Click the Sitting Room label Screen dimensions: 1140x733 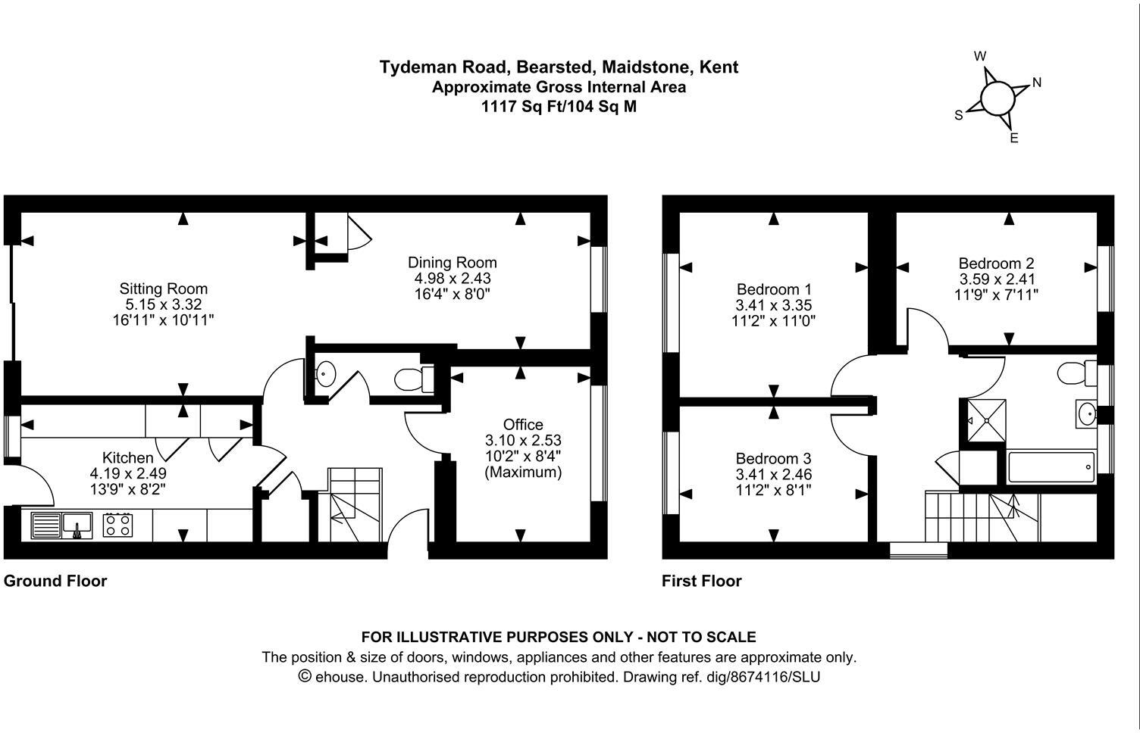coord(163,289)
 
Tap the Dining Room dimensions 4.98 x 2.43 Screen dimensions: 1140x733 coord(452,279)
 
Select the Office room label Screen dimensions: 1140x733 coord(523,424)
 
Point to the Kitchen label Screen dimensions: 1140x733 coord(127,457)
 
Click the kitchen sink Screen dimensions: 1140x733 coord(62,524)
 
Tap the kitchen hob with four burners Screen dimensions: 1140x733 coord(117,524)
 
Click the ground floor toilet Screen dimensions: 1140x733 coord(414,378)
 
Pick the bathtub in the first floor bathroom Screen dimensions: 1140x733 coord(1051,467)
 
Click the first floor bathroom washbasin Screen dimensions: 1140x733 coord(1087,413)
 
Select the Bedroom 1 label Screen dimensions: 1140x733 coord(773,289)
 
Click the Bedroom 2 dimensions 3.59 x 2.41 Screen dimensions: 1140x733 coord(996,279)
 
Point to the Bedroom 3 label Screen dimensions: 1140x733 coord(773,459)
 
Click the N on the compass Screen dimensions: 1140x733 coord(1037,83)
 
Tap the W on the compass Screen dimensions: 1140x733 coord(980,56)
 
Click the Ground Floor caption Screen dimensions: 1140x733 coord(55,581)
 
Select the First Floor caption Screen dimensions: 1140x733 coord(701,581)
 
